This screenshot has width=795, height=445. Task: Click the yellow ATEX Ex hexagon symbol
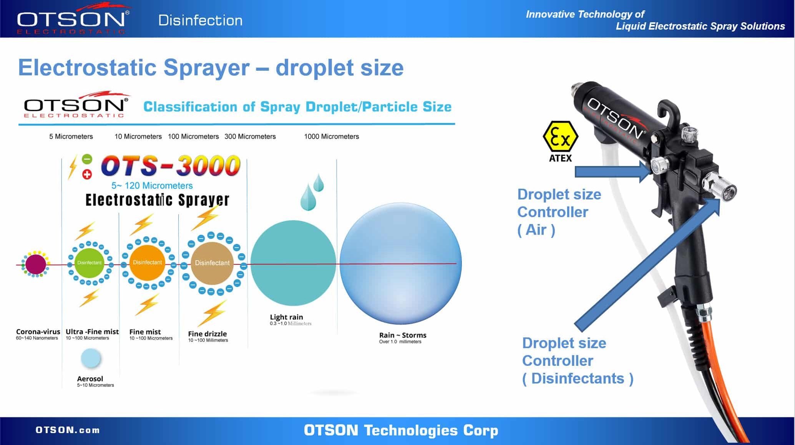coord(560,137)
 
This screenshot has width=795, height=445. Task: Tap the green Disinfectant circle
coord(89,263)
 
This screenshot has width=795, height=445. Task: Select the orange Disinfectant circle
coord(147,262)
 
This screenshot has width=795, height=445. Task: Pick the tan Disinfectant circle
coord(212,263)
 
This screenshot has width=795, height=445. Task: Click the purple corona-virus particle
coord(35,264)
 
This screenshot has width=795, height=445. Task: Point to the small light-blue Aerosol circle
coord(91,358)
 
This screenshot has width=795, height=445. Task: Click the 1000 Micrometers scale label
coord(331,136)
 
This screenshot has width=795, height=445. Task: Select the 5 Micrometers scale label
coord(71,136)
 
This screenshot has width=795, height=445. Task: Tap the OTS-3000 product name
coord(171,166)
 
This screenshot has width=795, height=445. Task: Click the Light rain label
coord(286,317)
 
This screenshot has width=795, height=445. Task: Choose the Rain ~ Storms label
coord(403,335)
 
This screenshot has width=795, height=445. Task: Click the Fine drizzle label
coord(207,334)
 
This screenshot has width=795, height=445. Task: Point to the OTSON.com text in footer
coord(68,430)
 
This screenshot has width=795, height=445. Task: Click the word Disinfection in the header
coord(200,20)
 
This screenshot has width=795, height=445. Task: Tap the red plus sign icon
coord(87,174)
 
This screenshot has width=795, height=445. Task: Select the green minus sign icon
coord(87,159)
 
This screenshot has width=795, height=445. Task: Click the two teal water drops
coord(312,192)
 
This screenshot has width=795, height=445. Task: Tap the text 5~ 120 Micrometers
coord(152,186)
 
